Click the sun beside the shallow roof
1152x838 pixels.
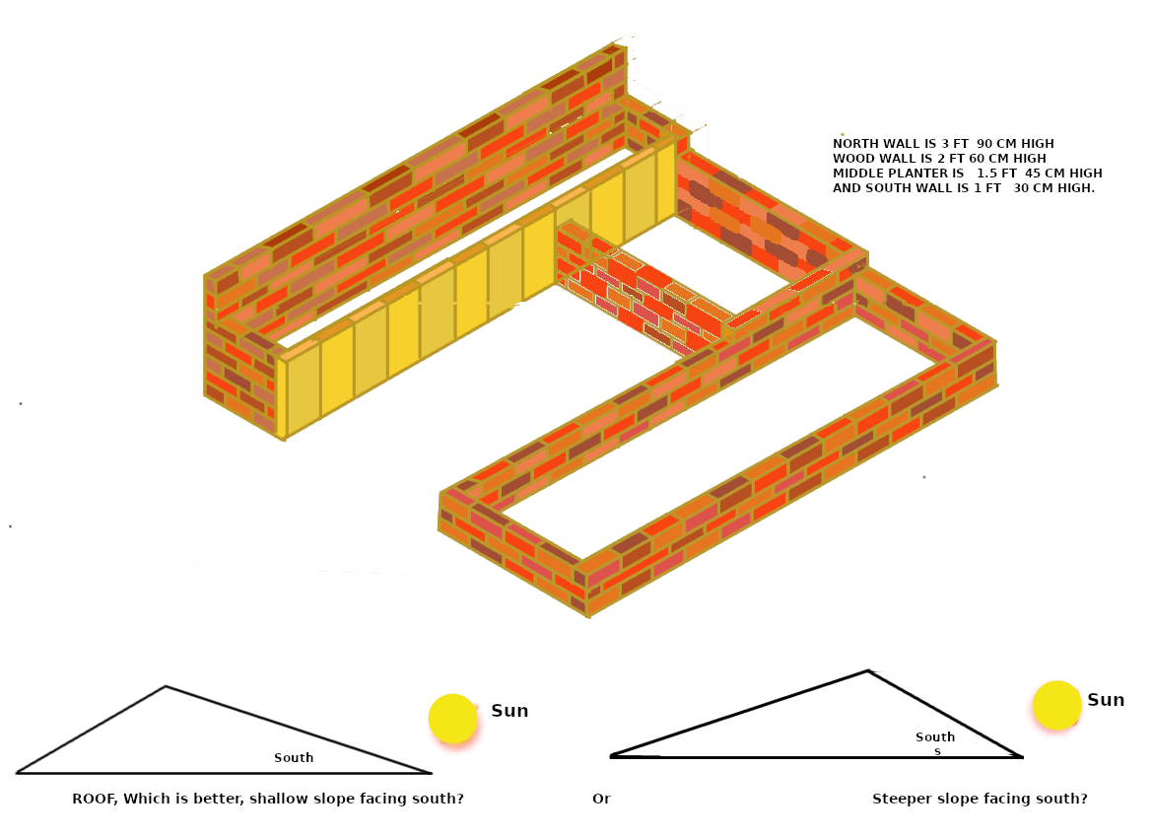click(x=452, y=719)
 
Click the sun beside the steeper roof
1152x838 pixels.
click(x=1056, y=705)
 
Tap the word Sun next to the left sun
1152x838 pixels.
click(x=509, y=711)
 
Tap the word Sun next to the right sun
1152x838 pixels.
click(x=1106, y=700)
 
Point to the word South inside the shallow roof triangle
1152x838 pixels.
click(x=294, y=758)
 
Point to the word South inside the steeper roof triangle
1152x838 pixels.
click(x=935, y=736)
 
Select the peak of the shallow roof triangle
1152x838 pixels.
click(x=166, y=686)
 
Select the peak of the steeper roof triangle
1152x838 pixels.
click(x=868, y=671)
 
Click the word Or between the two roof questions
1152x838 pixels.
click(x=601, y=799)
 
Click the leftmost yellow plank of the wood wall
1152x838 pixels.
click(x=304, y=389)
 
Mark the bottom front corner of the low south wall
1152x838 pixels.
click(x=588, y=615)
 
